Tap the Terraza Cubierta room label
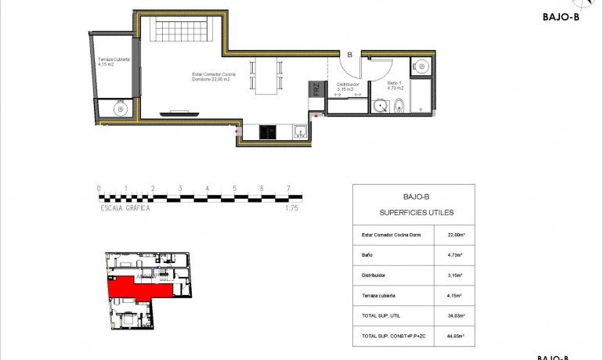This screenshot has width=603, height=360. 114,62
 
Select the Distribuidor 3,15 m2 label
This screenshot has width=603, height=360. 348,87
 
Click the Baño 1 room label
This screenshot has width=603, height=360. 396,87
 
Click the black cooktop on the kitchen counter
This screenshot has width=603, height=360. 267,131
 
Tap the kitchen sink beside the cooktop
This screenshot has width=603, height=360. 301,132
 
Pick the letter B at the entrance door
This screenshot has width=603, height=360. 349,55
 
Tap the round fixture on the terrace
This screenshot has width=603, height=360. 121,110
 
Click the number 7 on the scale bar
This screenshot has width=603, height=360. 289,189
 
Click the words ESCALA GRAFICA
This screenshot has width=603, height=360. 125,208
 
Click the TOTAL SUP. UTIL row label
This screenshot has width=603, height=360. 382,316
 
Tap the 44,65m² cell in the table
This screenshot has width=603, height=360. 454,336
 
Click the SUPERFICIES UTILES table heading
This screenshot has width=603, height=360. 413,212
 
